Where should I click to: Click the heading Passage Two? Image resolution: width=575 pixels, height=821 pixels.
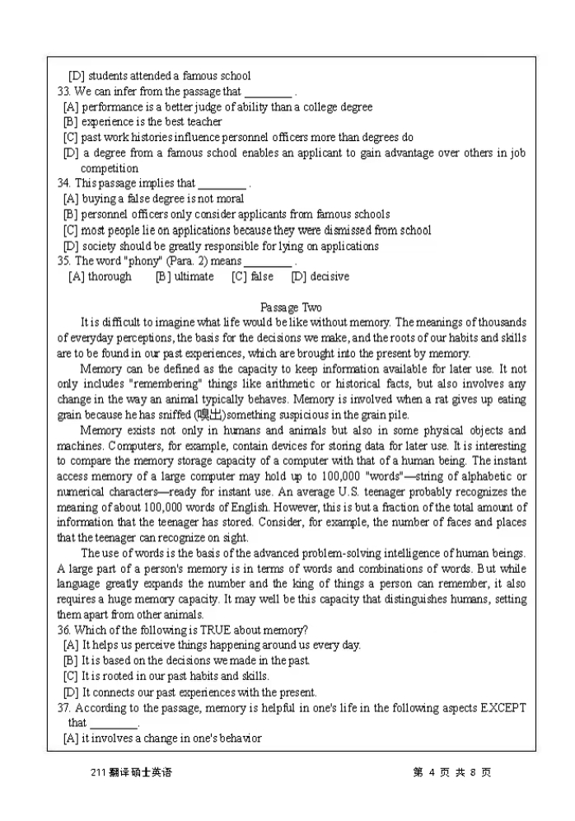291,307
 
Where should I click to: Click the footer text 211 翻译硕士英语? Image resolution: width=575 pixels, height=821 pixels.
131,773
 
